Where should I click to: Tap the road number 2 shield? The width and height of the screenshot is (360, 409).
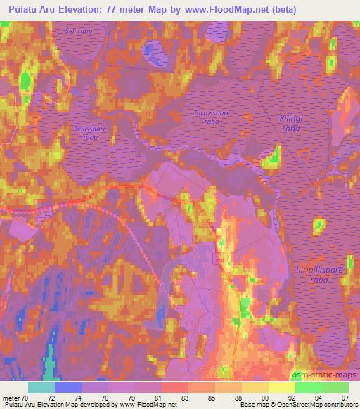(219, 260)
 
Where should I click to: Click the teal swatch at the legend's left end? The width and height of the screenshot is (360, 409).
(41, 387)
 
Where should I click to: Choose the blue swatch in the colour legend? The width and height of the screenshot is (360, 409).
(68, 387)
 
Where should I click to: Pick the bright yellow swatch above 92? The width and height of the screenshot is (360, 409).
(282, 387)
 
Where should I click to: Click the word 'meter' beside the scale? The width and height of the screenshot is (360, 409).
(11, 398)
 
